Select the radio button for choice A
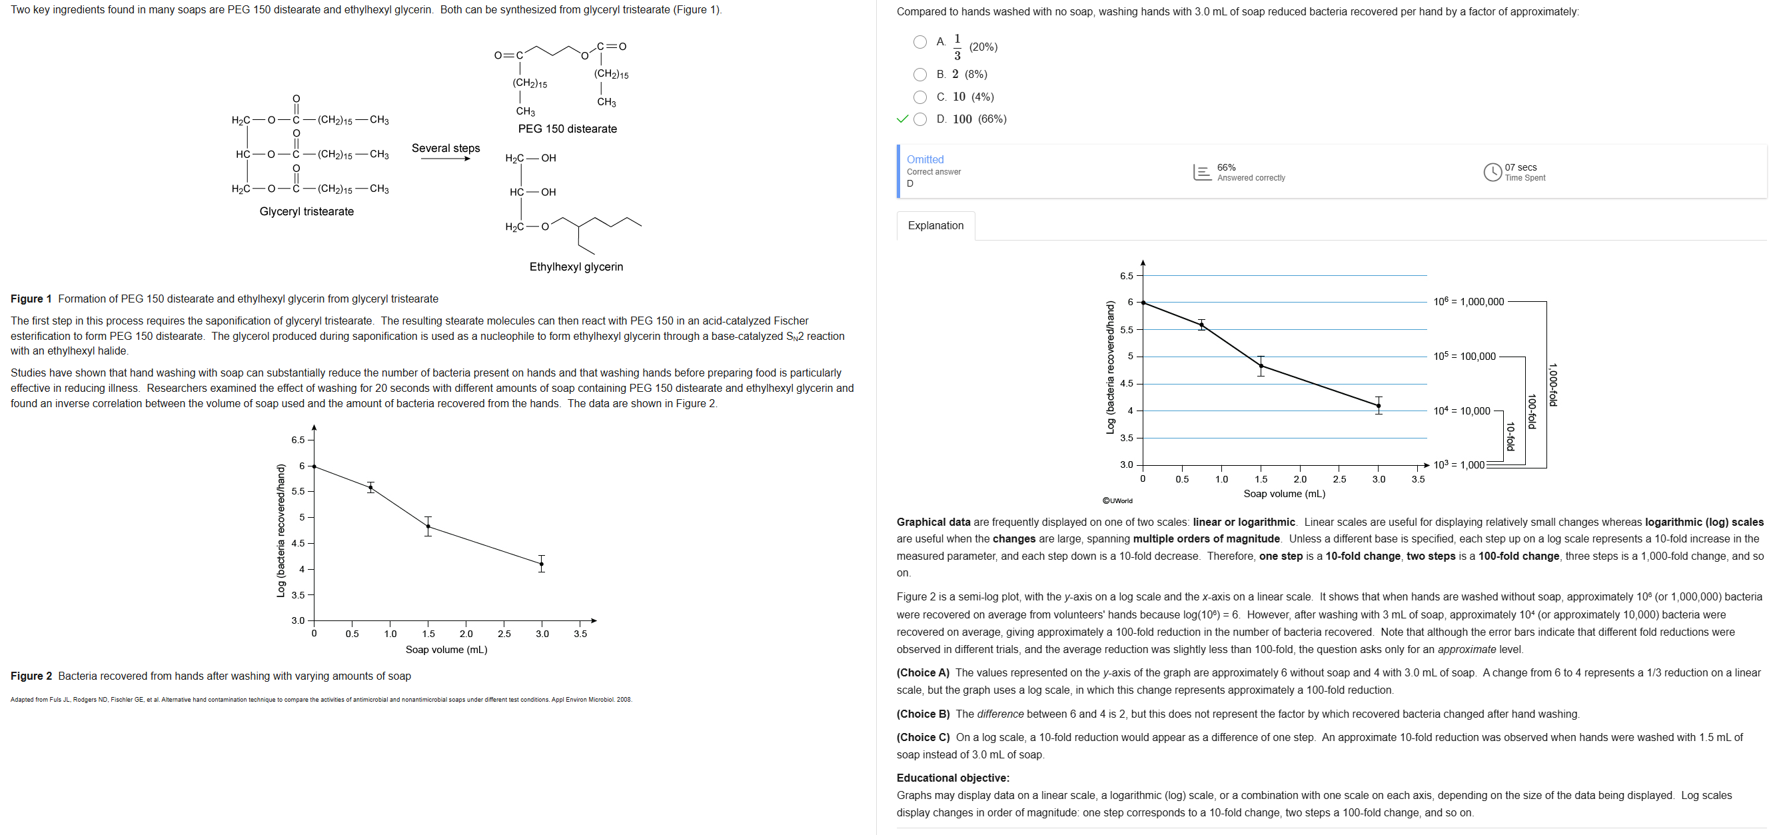tap(919, 42)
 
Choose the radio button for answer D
tap(919, 119)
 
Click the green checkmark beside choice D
tap(902, 119)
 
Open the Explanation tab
tap(935, 225)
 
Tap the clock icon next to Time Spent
tap(1492, 172)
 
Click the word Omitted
tap(925, 159)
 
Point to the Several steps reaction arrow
tap(445, 159)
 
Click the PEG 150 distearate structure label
tap(567, 129)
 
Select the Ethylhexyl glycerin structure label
tap(576, 267)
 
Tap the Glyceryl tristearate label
tap(306, 211)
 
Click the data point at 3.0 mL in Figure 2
tap(542, 564)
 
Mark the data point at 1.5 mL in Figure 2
tap(428, 527)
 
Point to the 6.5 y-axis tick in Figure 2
tap(298, 440)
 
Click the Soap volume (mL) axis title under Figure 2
tap(446, 650)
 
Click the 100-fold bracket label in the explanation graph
tap(1530, 411)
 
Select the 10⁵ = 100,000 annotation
tap(1465, 356)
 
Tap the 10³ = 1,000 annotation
tap(1459, 465)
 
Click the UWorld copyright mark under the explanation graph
tap(1117, 501)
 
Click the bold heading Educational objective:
tap(952, 778)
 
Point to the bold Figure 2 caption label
tap(31, 676)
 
